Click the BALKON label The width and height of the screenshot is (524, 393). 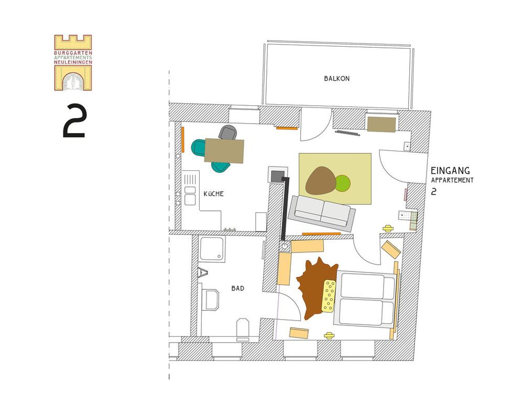tap(336, 79)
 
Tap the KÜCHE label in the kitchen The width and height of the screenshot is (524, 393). tap(214, 193)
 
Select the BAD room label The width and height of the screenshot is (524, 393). tap(237, 288)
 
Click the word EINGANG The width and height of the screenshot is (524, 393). tap(450, 171)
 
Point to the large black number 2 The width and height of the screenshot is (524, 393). tap(75, 121)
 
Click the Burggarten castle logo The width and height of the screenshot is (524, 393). tap(73, 62)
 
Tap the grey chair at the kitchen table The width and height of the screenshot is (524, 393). tap(228, 132)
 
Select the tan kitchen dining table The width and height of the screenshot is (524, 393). tap(224, 151)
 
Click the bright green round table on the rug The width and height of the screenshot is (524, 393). tap(343, 183)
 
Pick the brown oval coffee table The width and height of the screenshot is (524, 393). tap(321, 180)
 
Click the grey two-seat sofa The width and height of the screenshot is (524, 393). tap(322, 213)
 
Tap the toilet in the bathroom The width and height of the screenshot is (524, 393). tap(243, 329)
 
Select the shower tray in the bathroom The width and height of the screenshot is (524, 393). tap(212, 248)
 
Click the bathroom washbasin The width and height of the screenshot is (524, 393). tap(211, 300)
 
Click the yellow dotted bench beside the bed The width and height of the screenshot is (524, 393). tap(329, 296)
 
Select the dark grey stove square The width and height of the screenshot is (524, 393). tap(277, 176)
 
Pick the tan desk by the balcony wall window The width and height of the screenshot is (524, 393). tap(381, 124)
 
